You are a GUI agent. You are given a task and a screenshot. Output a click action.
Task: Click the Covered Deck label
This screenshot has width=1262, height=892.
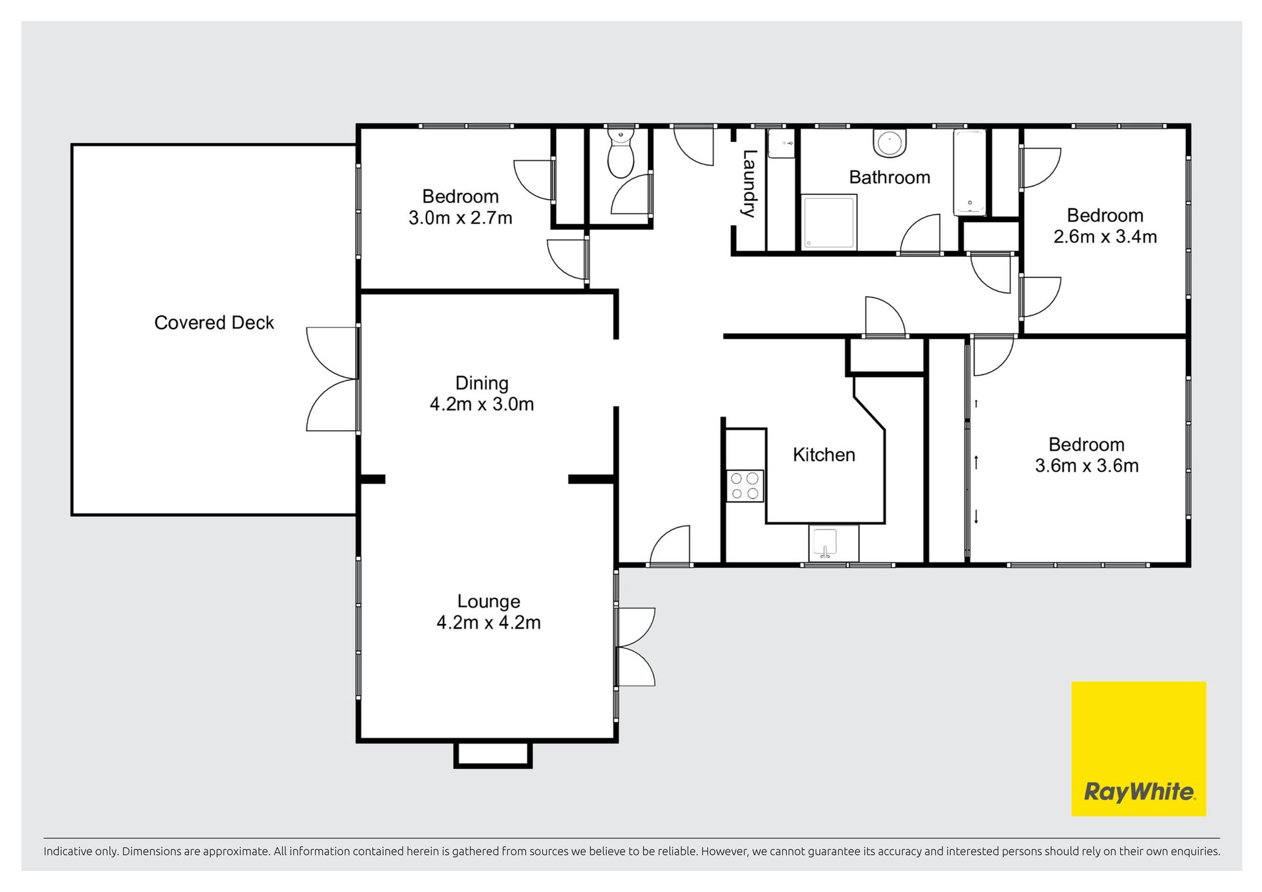[214, 323]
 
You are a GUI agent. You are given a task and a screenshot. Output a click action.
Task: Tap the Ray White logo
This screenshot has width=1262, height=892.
[1138, 749]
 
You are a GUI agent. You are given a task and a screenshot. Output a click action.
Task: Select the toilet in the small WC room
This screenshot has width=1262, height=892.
[620, 153]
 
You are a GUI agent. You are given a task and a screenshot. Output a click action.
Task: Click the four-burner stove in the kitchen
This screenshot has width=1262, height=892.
[745, 486]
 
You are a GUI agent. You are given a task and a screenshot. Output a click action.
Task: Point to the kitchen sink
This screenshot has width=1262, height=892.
[826, 543]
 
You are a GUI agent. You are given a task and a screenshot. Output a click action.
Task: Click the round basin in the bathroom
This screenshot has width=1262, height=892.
[890, 144]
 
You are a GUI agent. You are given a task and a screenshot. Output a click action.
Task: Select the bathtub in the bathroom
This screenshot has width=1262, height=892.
[970, 173]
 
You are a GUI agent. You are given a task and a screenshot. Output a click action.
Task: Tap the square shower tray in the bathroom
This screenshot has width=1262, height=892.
[828, 222]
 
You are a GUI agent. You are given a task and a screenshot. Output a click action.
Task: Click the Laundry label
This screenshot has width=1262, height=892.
[749, 183]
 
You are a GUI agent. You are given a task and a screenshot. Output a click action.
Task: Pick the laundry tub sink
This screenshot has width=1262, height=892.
[782, 144]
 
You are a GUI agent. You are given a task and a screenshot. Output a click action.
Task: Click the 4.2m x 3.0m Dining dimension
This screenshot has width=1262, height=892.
[482, 404]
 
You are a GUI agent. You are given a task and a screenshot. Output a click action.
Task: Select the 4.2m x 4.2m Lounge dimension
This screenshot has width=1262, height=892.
[488, 622]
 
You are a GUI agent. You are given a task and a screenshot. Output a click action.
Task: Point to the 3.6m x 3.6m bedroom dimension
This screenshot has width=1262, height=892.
[1087, 466]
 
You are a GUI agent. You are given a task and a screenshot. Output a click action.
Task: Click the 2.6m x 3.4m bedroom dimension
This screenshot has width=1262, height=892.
[1105, 236]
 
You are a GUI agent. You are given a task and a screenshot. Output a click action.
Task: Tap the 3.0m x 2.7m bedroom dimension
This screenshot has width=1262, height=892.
[460, 217]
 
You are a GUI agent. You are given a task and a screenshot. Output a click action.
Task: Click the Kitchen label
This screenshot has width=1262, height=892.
[824, 455]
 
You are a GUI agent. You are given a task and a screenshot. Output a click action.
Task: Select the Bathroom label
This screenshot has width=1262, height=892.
[889, 177]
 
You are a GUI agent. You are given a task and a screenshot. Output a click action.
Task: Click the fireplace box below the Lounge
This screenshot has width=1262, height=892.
[493, 754]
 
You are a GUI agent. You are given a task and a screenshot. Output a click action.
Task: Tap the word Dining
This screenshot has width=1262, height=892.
[482, 384]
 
